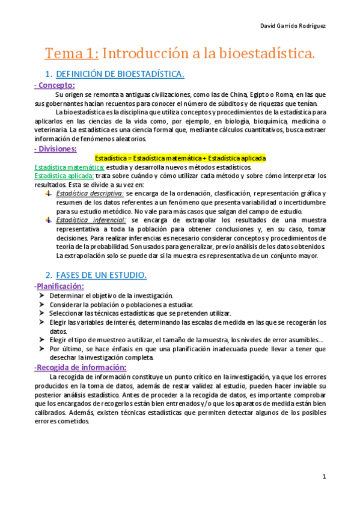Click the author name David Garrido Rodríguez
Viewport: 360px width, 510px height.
point(310,27)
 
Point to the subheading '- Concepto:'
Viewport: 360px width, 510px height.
point(55,85)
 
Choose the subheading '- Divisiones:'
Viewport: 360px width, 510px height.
point(55,148)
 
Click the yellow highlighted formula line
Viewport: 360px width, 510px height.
point(180,158)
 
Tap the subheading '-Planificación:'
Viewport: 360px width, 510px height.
point(59,286)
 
